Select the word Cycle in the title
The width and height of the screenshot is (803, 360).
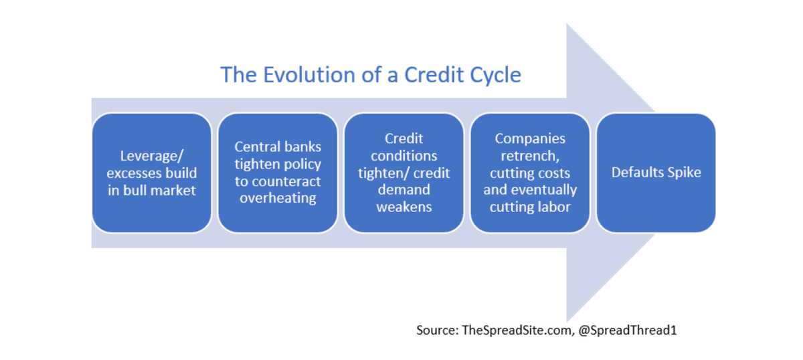point(495,74)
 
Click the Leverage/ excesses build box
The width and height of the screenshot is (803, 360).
point(152,173)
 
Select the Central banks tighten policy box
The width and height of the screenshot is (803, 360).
point(278,173)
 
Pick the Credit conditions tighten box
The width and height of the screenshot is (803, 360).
point(404,173)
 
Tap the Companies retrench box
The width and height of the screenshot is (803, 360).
point(530,173)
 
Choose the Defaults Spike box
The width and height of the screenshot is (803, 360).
point(656,173)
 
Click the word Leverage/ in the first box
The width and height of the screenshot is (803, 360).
point(151,156)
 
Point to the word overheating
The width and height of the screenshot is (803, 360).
point(278,199)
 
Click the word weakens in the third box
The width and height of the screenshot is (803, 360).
point(404,207)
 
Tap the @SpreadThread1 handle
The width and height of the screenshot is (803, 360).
point(628,330)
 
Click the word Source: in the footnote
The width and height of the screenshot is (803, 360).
point(438,330)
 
